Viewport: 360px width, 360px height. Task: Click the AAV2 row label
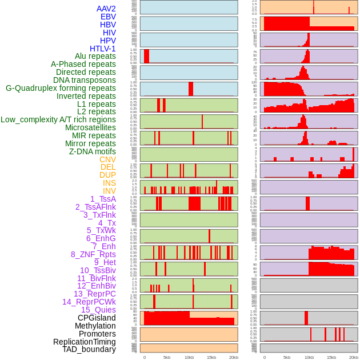coord(106,9)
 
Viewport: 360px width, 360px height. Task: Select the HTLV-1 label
coord(102,49)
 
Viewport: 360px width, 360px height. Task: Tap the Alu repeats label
coord(95,56)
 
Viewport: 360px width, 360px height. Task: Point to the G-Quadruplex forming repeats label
coord(61,88)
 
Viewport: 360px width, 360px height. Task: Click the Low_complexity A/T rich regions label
coord(58,119)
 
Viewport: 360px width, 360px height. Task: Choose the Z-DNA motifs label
coord(92,151)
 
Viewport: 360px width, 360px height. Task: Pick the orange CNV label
coord(107,159)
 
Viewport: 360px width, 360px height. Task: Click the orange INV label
coord(109,191)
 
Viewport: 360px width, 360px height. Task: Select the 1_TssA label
coord(103,199)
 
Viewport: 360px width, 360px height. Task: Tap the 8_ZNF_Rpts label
coord(93,254)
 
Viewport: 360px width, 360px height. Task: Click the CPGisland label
coord(97,318)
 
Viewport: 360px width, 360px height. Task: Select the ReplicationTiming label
coord(84,342)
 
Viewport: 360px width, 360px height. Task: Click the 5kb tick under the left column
coord(167,357)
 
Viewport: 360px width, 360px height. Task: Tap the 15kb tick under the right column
coord(331,357)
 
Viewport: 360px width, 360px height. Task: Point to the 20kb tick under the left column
coord(234,357)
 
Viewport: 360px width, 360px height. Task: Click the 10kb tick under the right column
coord(309,357)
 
